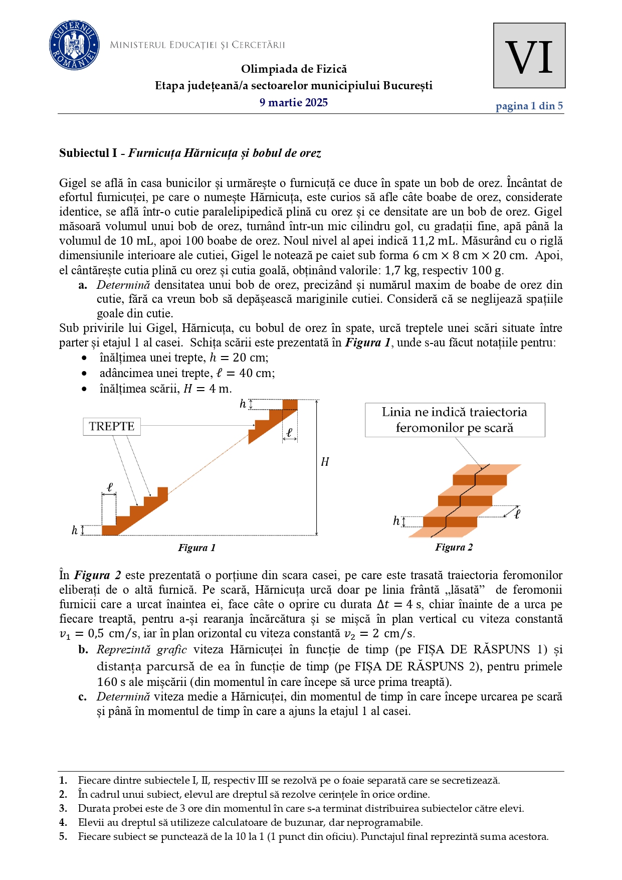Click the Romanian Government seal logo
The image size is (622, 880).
(x=74, y=46)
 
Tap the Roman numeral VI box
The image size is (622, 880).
(x=529, y=56)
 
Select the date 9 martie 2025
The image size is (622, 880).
(x=293, y=103)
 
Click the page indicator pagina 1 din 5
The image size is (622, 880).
(x=529, y=106)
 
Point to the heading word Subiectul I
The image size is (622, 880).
(x=88, y=153)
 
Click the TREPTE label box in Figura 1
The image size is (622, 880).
(x=112, y=427)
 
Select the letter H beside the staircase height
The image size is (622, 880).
(x=325, y=462)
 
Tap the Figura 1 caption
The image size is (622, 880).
(x=196, y=548)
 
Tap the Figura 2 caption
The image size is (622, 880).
(x=454, y=548)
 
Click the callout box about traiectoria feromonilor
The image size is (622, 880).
(x=455, y=420)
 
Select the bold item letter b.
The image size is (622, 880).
(x=83, y=650)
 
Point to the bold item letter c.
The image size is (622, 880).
(x=83, y=697)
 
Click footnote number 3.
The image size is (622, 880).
(x=63, y=808)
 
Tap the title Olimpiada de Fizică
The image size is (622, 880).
(x=294, y=69)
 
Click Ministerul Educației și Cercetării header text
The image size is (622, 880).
(x=197, y=45)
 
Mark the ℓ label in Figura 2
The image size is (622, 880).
(x=517, y=513)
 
